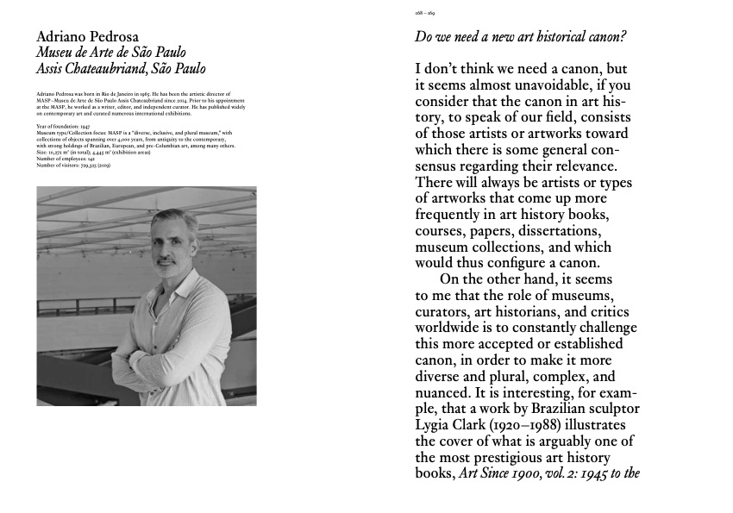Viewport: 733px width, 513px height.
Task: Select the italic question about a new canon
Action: [521, 37]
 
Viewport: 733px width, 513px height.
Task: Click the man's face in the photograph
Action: [175, 247]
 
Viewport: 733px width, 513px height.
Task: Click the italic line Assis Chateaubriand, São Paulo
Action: [122, 69]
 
